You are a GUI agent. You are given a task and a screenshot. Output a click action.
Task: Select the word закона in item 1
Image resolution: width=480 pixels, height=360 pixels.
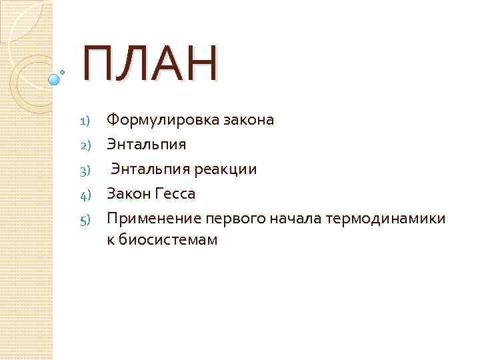(248, 120)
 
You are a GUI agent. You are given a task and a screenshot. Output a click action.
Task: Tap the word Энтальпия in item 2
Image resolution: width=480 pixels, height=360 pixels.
(146, 145)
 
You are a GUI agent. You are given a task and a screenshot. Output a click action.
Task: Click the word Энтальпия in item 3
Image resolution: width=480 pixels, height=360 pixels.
(151, 169)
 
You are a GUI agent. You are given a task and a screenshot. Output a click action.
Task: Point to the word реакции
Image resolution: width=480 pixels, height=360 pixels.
(226, 169)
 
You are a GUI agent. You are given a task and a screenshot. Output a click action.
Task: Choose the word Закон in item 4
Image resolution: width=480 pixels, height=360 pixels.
(128, 194)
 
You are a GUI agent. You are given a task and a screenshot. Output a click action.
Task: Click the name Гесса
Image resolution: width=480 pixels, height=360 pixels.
(175, 194)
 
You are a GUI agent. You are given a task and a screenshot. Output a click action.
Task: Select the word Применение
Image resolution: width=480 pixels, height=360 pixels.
(153, 219)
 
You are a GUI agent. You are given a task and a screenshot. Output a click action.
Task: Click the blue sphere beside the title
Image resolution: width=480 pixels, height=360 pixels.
(55, 79)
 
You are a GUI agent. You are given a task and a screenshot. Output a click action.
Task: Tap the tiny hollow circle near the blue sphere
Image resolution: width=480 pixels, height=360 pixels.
(63, 71)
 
